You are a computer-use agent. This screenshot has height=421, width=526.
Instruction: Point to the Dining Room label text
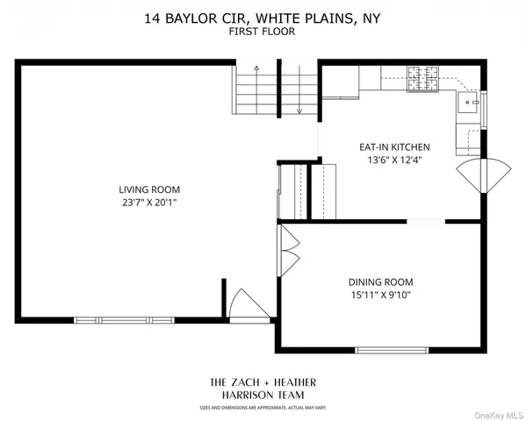[380, 282]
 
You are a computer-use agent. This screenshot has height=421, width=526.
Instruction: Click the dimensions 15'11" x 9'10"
[380, 295]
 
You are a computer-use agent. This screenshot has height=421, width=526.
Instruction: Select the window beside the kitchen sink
[485, 109]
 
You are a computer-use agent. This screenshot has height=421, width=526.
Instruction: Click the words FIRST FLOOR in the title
[263, 31]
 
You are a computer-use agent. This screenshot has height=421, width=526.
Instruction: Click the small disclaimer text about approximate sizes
[263, 409]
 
